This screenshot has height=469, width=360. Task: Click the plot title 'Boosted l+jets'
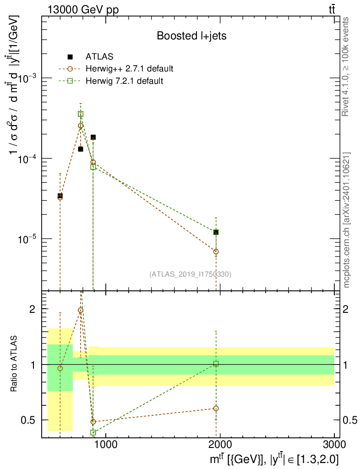[x=192, y=36]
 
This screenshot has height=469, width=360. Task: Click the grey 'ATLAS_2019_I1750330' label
[x=190, y=274]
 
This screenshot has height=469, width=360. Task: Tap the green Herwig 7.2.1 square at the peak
[x=81, y=114]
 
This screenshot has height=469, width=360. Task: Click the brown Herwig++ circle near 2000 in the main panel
[x=216, y=251]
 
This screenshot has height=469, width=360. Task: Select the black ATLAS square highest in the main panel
[x=93, y=137]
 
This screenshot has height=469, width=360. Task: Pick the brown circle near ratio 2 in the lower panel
[x=81, y=310]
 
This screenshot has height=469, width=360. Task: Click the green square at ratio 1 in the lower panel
[x=216, y=364]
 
